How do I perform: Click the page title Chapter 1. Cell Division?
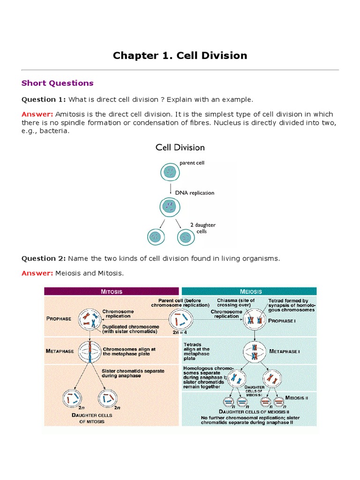[x=180, y=55]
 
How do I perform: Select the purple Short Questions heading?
[x=57, y=83]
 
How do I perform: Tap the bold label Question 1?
[x=44, y=99]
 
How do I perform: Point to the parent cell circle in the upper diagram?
[x=170, y=172]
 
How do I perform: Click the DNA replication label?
[x=195, y=193]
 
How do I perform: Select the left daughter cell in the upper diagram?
[x=154, y=237]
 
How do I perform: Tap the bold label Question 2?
[x=44, y=258]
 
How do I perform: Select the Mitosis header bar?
[x=112, y=291]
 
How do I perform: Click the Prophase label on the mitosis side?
[x=59, y=319]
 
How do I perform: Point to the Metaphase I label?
[x=285, y=351]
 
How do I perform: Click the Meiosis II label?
[x=298, y=398]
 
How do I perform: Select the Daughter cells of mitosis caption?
[x=88, y=418]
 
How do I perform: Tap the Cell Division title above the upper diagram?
[x=180, y=147]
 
